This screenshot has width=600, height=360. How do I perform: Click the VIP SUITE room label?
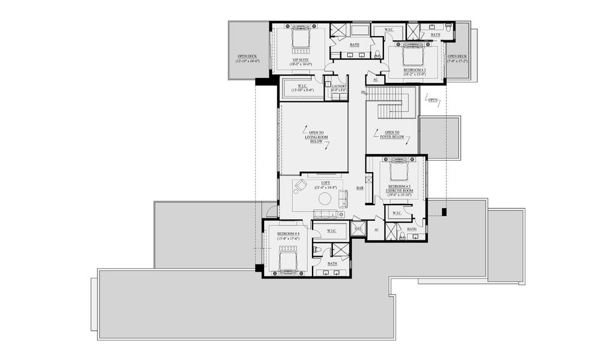(299, 60)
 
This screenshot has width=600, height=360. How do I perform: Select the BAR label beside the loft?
(360, 188)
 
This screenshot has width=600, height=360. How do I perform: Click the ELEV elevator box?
(358, 229)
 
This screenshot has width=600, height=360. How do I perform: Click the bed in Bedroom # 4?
(289, 262)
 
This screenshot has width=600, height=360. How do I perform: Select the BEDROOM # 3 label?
(414, 70)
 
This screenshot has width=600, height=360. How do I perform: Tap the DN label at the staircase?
(363, 92)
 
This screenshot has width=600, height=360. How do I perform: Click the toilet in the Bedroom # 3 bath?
(448, 27)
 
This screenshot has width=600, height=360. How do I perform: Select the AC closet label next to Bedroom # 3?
(376, 79)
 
